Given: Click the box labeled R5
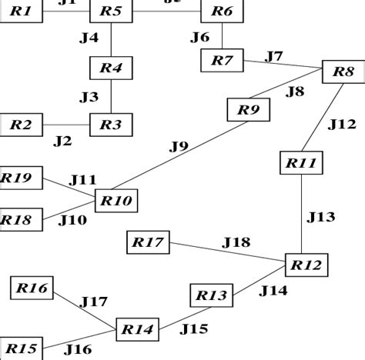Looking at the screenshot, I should [x=112, y=12].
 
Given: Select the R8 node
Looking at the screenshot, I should [x=343, y=72].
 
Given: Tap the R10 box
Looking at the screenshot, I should [x=116, y=202].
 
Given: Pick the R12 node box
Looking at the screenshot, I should [x=306, y=265].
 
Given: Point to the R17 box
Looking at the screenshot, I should [x=148, y=244].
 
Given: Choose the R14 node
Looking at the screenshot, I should [x=138, y=329].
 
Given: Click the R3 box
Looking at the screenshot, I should [x=112, y=123].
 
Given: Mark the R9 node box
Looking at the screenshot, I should [x=248, y=110].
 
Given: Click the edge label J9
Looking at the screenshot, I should [x=179, y=145].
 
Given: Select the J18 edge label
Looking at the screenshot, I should [x=236, y=242].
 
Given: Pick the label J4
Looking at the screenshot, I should [x=89, y=37].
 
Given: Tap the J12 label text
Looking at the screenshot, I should [x=342, y=123].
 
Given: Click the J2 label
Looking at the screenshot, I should [x=62, y=141].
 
